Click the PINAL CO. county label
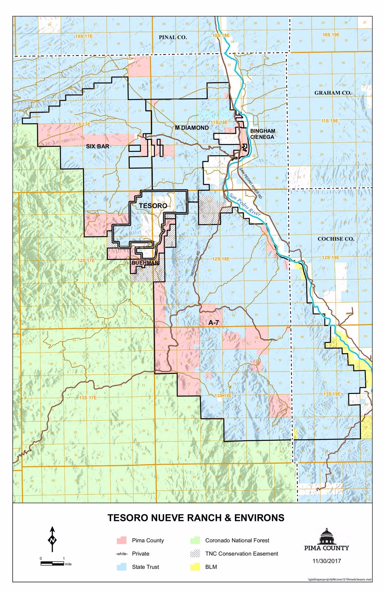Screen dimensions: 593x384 point(173,37)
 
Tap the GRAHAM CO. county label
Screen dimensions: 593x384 point(332,93)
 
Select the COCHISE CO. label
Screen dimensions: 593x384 point(336,239)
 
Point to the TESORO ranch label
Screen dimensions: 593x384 point(153,206)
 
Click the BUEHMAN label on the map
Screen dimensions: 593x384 point(145,263)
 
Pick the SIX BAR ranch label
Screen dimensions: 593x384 point(98,146)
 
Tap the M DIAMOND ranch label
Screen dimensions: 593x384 point(192,128)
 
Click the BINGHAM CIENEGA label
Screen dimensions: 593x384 point(262,134)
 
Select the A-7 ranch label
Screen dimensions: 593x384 point(213,323)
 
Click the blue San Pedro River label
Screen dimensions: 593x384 point(245,204)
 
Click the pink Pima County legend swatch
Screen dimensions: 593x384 point(122,541)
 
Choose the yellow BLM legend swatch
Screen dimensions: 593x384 point(195,567)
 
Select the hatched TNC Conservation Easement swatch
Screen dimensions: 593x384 point(195,554)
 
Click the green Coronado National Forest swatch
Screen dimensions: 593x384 point(195,541)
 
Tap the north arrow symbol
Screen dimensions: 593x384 point(52,540)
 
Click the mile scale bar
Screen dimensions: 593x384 point(52,564)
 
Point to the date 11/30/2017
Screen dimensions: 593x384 point(326,561)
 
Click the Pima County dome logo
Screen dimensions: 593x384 point(326,537)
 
